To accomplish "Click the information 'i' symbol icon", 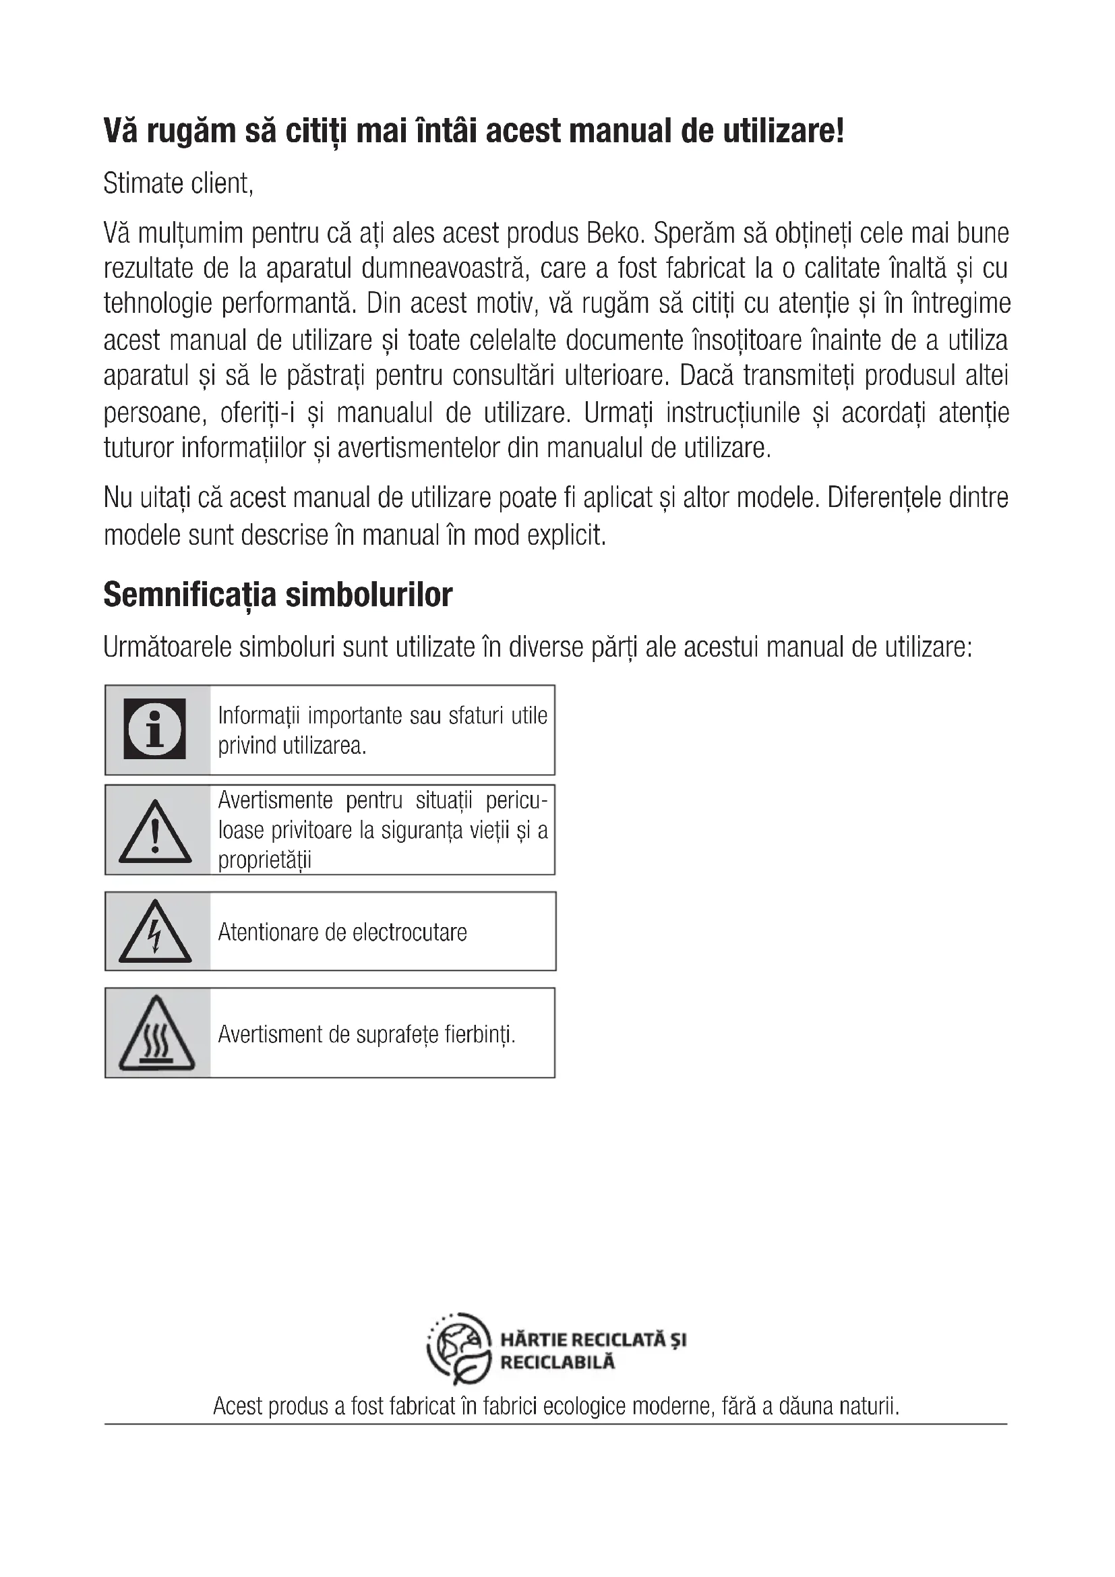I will pyautogui.click(x=154, y=729).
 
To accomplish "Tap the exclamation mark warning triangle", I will pyautogui.click(x=155, y=833).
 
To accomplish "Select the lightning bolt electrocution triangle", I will pyautogui.click(x=155, y=932).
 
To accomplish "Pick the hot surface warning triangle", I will pyautogui.click(x=156, y=1034).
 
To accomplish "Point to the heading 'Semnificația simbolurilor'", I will pyautogui.click(x=278, y=595).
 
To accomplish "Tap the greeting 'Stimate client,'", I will pyautogui.click(x=179, y=183).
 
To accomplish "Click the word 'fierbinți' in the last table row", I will pyautogui.click(x=480, y=1034).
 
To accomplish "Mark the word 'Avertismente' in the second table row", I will pyautogui.click(x=275, y=800).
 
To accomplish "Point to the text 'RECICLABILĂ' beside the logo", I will pyautogui.click(x=557, y=1362).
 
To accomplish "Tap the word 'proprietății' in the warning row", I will pyautogui.click(x=264, y=859).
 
